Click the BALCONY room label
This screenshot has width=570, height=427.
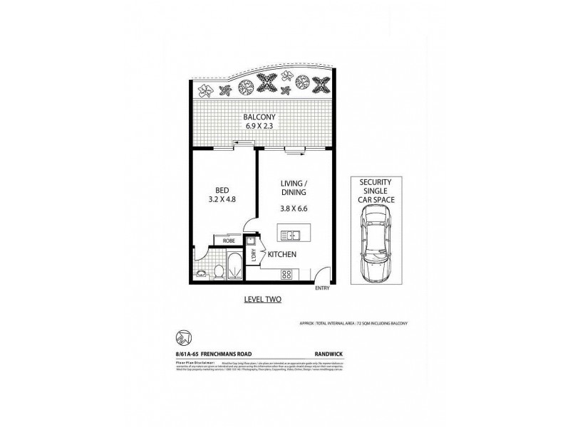(259, 117)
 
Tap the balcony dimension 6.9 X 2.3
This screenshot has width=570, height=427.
(259, 128)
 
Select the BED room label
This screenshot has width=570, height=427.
(221, 191)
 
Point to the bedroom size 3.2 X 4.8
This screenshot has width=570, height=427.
(221, 201)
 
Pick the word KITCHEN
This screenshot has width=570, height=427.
(283, 254)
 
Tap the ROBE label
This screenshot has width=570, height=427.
(229, 241)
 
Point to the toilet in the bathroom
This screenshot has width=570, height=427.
(219, 270)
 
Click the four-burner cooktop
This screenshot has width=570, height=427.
(287, 275)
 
